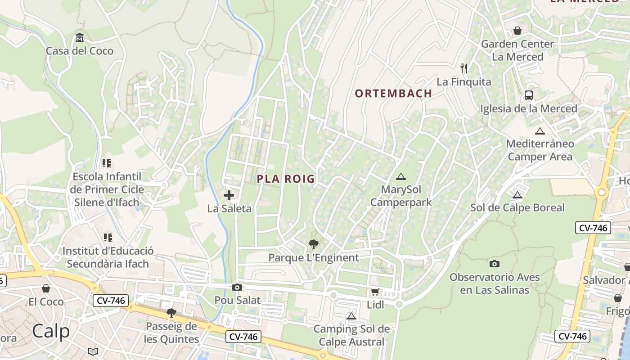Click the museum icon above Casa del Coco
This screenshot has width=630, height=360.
[x=80, y=37]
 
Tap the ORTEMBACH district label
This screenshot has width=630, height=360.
[x=393, y=94]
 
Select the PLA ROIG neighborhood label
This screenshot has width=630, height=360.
[x=286, y=179]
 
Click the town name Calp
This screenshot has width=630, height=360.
[x=51, y=331]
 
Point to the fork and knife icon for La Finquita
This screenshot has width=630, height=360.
[x=464, y=68]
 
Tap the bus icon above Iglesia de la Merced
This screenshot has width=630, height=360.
[x=529, y=95]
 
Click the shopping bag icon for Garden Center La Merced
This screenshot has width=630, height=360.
[x=517, y=31]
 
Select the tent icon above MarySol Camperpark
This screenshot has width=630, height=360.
[x=401, y=176]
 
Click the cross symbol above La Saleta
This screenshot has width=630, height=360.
[x=229, y=195]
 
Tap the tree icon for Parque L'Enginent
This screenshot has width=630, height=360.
[x=314, y=244]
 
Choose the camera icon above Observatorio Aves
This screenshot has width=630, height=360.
[x=495, y=264]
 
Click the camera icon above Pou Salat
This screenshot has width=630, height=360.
[x=237, y=287]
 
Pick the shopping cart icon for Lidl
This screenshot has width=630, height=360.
[x=375, y=292]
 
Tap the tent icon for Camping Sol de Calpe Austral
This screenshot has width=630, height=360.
[x=351, y=316]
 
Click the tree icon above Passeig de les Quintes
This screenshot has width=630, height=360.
[x=171, y=313]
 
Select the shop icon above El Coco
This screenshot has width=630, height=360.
[x=46, y=288]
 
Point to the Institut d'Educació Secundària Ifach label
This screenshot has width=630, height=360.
[x=108, y=257]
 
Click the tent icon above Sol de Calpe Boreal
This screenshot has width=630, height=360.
[x=517, y=195]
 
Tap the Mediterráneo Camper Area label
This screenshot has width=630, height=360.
[x=540, y=150]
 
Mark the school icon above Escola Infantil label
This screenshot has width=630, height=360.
[x=107, y=163]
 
